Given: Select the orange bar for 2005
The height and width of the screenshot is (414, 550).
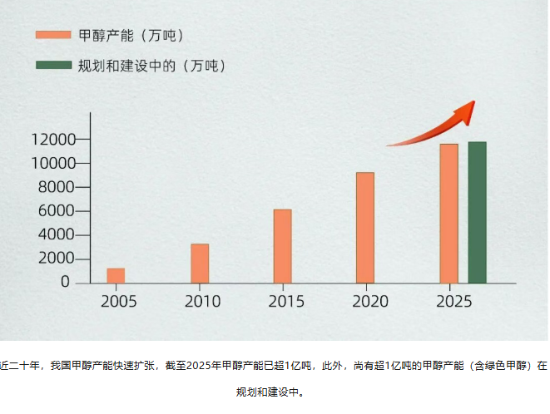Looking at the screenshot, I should tap(116, 275).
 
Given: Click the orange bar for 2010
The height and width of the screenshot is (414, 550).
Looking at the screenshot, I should tap(200, 263).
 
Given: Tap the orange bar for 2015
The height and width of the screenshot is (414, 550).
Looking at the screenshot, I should tap(282, 246).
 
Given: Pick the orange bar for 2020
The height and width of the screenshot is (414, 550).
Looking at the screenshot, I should tap(364, 227).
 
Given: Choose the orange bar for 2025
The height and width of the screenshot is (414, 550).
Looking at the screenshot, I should tap(448, 213).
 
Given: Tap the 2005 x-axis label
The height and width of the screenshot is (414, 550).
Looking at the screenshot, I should tap(119, 301).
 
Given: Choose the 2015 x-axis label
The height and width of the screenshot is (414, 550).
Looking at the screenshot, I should tap(285, 301).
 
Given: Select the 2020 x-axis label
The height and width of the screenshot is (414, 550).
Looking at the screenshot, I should tap(368, 301).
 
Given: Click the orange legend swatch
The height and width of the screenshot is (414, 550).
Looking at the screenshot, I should tap(52, 35).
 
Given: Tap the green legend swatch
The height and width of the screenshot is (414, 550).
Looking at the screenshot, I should tap(52, 65).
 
